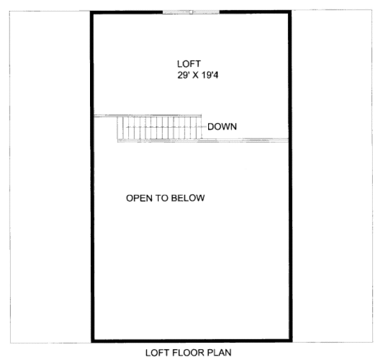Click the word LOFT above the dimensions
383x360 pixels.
[x=189, y=64]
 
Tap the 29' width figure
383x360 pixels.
[x=183, y=75]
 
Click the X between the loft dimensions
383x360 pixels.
[x=197, y=75]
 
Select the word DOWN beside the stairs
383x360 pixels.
[x=222, y=127]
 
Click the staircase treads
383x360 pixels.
[x=160, y=128]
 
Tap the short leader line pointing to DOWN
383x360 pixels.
[x=204, y=127]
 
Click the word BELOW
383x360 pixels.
[x=190, y=199]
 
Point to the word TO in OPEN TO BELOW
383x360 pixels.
[x=164, y=199]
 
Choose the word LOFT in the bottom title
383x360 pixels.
[x=156, y=352]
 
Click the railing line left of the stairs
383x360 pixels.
[x=105, y=116]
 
